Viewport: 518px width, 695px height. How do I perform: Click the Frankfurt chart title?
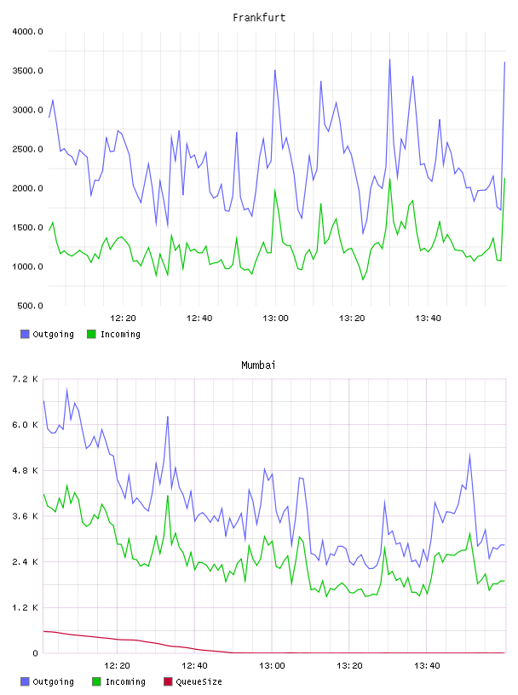pyautogui.click(x=259, y=18)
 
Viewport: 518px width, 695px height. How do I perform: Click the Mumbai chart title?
pyautogui.click(x=258, y=365)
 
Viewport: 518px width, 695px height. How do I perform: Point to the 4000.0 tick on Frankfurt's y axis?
pyautogui.click(x=27, y=32)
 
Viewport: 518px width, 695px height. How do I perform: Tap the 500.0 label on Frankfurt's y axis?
pyautogui.click(x=30, y=306)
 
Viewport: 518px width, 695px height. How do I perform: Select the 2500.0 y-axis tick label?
pyautogui.click(x=27, y=149)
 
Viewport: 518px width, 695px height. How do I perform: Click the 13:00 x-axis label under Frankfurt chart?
pyautogui.click(x=275, y=319)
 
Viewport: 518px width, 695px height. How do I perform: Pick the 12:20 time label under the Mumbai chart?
pyautogui.click(x=117, y=666)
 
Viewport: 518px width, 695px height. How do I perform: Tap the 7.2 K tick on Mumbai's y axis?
pyautogui.click(x=25, y=379)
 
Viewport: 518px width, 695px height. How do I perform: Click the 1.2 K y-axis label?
pyautogui.click(x=25, y=607)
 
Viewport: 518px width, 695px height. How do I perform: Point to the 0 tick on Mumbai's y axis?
pyautogui.click(x=35, y=653)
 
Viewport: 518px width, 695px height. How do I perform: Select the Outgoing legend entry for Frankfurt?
pyautogui.click(x=47, y=334)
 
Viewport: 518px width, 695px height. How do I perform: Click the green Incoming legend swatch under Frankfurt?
pyautogui.click(x=91, y=334)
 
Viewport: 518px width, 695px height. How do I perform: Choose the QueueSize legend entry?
pyautogui.click(x=193, y=681)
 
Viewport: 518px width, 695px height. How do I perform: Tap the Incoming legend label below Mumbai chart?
pyautogui.click(x=125, y=681)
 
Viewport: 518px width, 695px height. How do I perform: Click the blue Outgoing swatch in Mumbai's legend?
pyautogui.click(x=25, y=681)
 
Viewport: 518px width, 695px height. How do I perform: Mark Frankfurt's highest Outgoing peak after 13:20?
pyautogui.click(x=390, y=60)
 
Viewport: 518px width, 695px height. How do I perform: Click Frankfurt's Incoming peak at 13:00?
pyautogui.click(x=275, y=190)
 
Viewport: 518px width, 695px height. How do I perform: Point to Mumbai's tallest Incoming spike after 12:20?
pyautogui.click(x=168, y=496)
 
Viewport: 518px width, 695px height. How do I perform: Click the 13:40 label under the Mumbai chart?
pyautogui.click(x=427, y=666)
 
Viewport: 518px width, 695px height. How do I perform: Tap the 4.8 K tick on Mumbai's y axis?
pyautogui.click(x=25, y=471)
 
